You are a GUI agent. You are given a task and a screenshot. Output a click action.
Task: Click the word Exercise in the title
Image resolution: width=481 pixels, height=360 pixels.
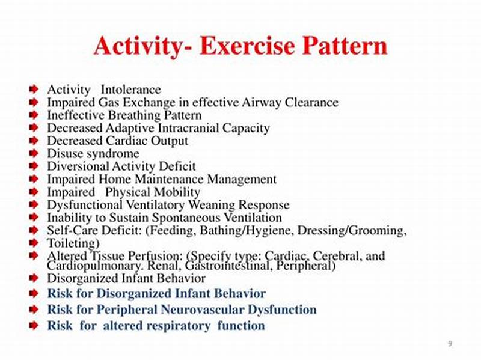[x=248, y=46]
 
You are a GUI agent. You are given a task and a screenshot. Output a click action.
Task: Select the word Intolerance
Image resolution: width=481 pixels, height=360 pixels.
[x=131, y=90]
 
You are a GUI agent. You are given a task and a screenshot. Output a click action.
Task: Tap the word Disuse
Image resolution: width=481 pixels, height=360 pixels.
[x=64, y=154]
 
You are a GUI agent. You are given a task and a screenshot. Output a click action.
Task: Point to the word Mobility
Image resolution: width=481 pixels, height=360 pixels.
[x=175, y=192]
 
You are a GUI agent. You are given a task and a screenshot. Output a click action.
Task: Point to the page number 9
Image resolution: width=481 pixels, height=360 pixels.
[x=450, y=343]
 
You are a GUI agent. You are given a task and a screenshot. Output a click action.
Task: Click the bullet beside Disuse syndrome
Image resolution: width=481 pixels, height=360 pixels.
[x=34, y=154]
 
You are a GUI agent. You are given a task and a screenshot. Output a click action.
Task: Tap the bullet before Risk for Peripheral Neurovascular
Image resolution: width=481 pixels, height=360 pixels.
[x=34, y=310]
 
